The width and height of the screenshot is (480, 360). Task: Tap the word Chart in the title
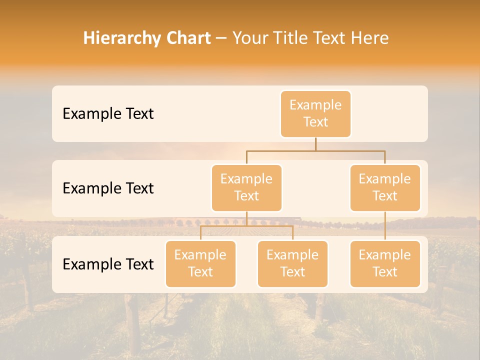tap(186, 38)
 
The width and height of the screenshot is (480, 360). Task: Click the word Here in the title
tap(369, 38)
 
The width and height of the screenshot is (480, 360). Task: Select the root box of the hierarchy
tap(315, 113)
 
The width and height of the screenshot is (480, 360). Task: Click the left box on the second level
tap(246, 187)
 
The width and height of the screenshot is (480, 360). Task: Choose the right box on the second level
tap(385, 187)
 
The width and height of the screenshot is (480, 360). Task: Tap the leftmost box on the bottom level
tap(200, 263)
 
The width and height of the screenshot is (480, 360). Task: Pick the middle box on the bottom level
tap(292, 263)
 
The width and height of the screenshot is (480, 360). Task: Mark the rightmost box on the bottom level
tap(385, 263)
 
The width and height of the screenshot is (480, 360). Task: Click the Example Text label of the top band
tap(108, 114)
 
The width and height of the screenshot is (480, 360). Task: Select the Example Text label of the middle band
tap(108, 188)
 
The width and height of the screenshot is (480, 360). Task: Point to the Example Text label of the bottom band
tap(108, 264)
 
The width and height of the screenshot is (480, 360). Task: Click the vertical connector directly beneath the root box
tap(315, 144)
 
